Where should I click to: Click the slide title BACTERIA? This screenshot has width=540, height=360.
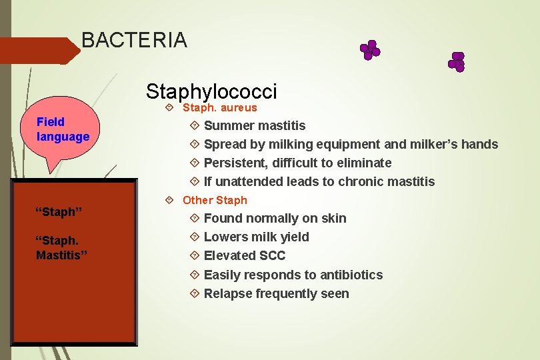point(134,40)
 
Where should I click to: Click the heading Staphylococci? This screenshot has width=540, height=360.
point(211,91)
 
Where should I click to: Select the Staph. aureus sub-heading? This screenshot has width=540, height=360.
point(219,107)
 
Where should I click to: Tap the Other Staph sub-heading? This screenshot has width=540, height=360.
point(215,200)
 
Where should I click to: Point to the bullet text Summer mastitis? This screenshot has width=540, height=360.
point(255,125)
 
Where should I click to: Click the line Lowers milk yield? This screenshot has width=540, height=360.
point(256,237)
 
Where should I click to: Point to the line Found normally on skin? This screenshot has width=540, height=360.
point(275,218)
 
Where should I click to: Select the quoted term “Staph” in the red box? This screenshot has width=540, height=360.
point(59,212)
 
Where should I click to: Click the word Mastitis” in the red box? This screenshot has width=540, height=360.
point(62,255)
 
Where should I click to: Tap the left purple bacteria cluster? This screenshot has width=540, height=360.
point(369,50)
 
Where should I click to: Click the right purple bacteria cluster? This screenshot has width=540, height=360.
point(457,61)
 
